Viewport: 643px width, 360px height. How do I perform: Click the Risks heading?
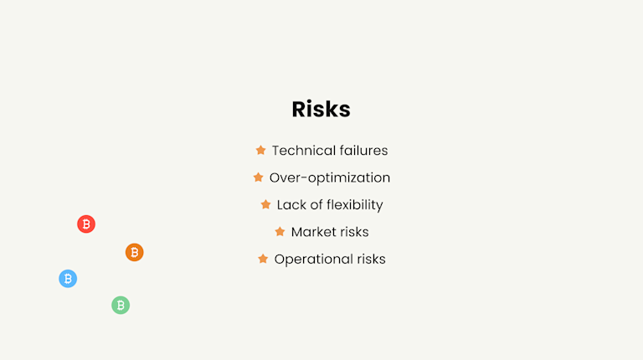321,110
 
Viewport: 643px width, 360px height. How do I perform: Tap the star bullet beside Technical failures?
260,151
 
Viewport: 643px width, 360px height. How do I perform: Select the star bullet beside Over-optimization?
258,177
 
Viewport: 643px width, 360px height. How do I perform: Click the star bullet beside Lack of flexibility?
265,204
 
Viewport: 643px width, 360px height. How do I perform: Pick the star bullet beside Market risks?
280,232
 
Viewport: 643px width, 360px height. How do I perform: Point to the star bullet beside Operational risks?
263,259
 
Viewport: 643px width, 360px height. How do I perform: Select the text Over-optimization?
330,177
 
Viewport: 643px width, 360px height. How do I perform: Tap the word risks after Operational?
369,259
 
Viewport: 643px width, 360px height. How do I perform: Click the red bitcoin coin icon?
86,224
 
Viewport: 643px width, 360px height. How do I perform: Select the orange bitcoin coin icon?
135,252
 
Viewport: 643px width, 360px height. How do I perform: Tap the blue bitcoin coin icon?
68,279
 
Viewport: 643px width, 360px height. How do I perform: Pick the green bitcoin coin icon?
121,306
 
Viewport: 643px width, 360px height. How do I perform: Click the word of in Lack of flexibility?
315,204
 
